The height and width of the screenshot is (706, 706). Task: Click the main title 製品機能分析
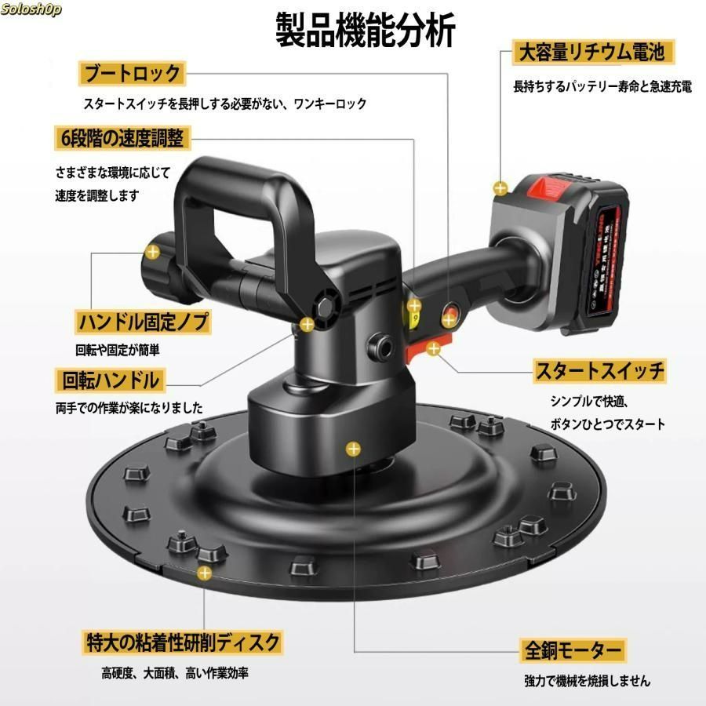tap(365, 30)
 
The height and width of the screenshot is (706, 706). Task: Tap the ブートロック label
tap(132, 74)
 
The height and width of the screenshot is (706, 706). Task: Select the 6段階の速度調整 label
tap(122, 138)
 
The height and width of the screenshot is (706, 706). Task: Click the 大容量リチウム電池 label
tap(593, 53)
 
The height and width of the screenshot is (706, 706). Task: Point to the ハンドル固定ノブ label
tap(143, 322)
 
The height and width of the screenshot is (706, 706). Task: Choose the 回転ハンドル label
tap(111, 380)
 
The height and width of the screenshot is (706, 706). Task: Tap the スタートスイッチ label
tap(600, 371)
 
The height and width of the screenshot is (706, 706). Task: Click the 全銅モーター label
tap(573, 650)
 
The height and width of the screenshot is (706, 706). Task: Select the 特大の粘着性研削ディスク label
tap(183, 642)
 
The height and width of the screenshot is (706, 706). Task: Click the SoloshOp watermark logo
tap(31, 9)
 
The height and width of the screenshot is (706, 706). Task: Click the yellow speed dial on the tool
tap(412, 315)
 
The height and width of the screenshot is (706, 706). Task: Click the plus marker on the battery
tap(500, 187)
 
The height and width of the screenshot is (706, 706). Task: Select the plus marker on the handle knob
tap(153, 252)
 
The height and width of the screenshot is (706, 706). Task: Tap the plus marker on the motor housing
tap(354, 449)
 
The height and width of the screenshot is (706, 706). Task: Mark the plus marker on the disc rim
tap(205, 573)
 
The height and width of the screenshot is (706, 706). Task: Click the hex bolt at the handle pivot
tap(325, 308)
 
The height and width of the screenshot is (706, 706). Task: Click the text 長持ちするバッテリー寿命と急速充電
tap(602, 86)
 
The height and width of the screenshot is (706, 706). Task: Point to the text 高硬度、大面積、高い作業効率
tap(175, 674)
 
